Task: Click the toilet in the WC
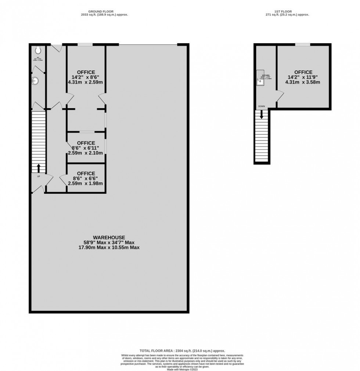(38, 49)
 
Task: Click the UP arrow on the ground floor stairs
(38, 168)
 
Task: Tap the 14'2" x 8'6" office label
(86, 77)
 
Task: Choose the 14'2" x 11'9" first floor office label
(303, 77)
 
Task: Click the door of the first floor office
(280, 96)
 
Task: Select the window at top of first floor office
(303, 45)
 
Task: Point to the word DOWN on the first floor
(262, 106)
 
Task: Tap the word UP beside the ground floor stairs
(38, 177)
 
